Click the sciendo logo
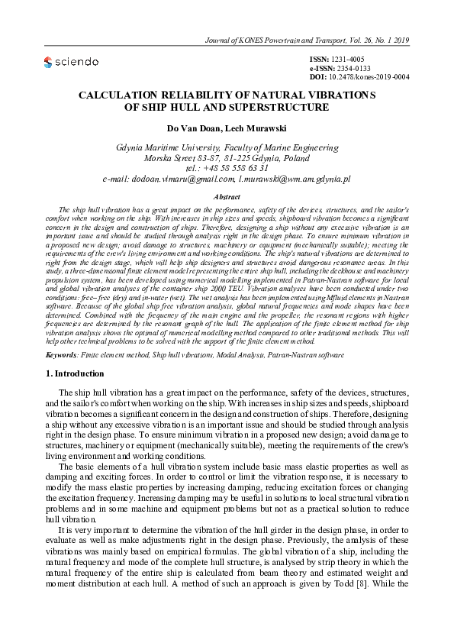click(x=71, y=62)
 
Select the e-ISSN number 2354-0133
click(x=355, y=68)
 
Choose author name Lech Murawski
click(x=257, y=128)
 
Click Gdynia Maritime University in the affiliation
click(x=172, y=147)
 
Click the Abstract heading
click(x=227, y=196)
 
